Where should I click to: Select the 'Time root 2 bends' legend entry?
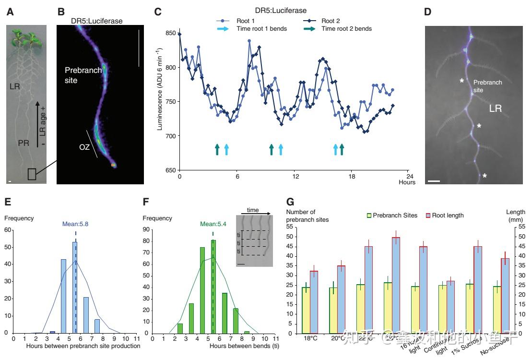[x=346, y=29]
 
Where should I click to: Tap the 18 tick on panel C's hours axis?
[x=352, y=176]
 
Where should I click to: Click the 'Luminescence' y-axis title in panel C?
[x=160, y=89]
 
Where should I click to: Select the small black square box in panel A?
[x=32, y=174]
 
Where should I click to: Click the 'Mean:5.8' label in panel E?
[x=76, y=224]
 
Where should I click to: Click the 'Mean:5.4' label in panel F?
[x=213, y=223]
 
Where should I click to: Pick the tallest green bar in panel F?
[x=213, y=287]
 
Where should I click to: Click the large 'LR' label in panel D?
[x=495, y=109]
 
